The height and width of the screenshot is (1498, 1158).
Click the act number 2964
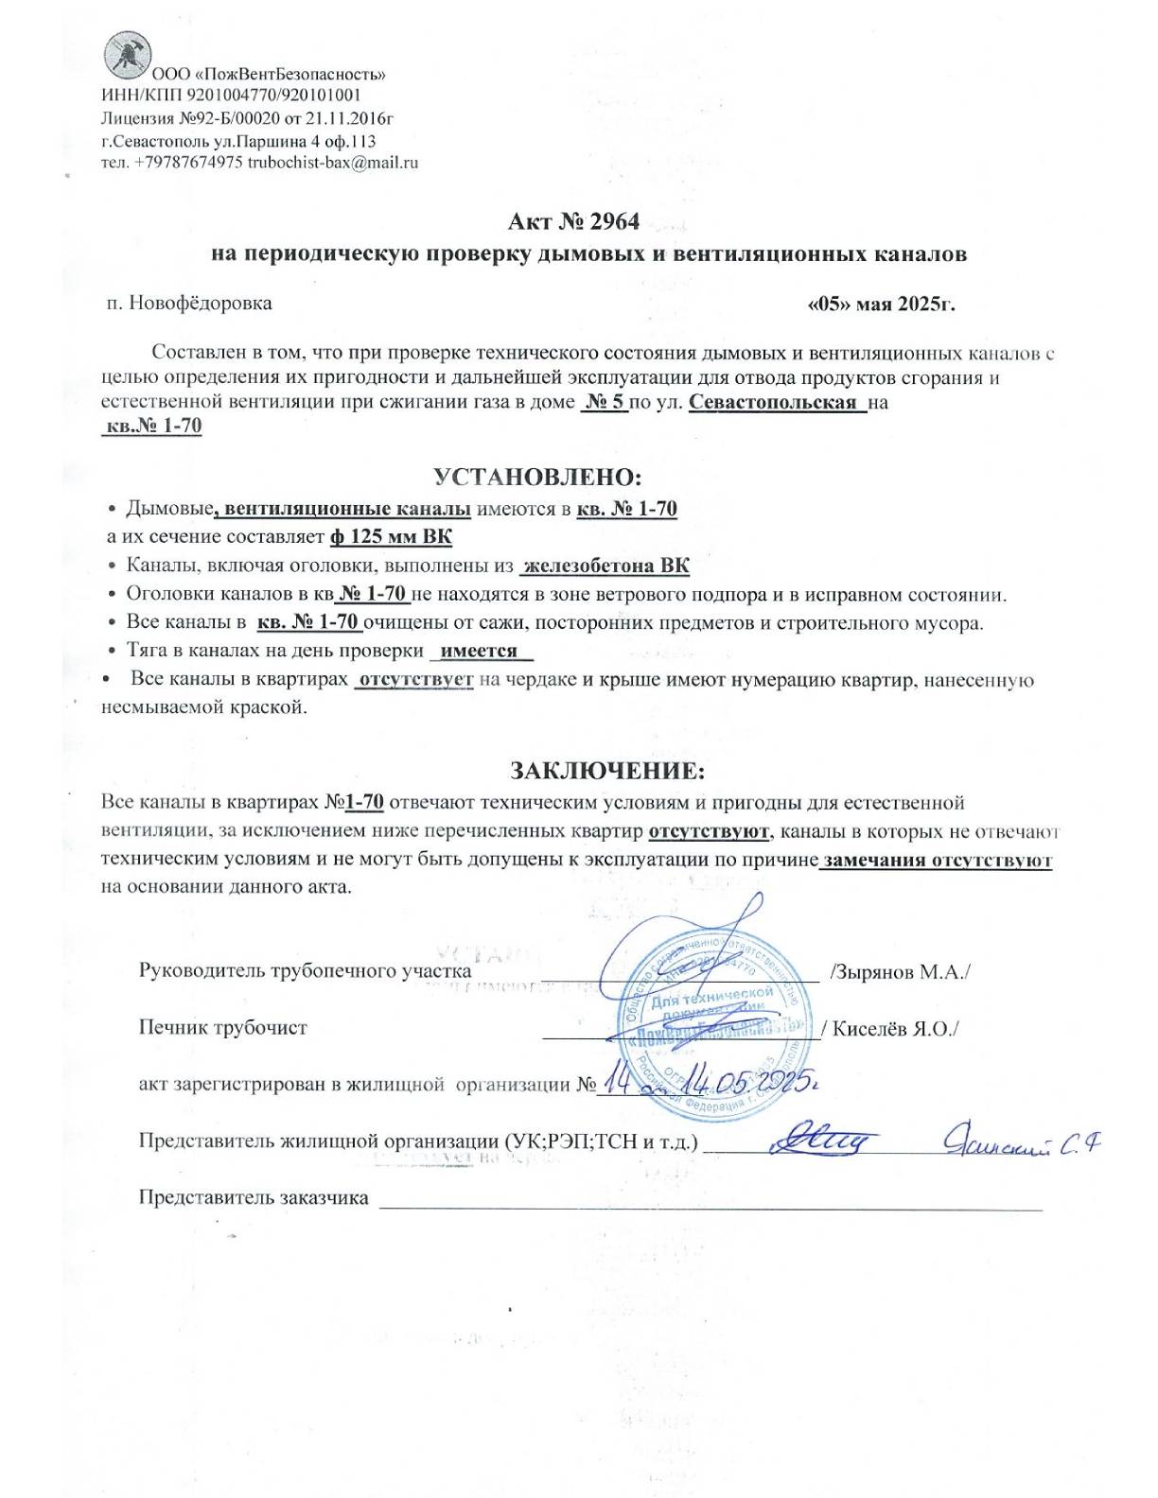(615, 221)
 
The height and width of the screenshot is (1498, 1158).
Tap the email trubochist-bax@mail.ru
(333, 162)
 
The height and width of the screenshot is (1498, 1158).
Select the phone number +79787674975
(188, 162)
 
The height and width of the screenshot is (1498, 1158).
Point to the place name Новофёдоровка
(201, 304)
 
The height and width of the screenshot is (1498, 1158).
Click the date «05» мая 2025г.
(881, 305)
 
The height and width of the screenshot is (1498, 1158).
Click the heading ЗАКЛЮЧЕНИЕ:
(607, 770)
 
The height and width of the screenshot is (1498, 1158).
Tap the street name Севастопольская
(773, 401)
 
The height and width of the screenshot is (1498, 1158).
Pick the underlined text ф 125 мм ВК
(391, 537)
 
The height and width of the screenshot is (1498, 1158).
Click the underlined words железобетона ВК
(606, 566)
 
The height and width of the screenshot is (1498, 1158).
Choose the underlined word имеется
(480, 651)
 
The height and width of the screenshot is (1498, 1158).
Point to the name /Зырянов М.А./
(899, 971)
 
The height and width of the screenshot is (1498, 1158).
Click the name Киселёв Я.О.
(895, 1028)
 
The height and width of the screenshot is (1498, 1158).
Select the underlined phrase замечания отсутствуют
(937, 861)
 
